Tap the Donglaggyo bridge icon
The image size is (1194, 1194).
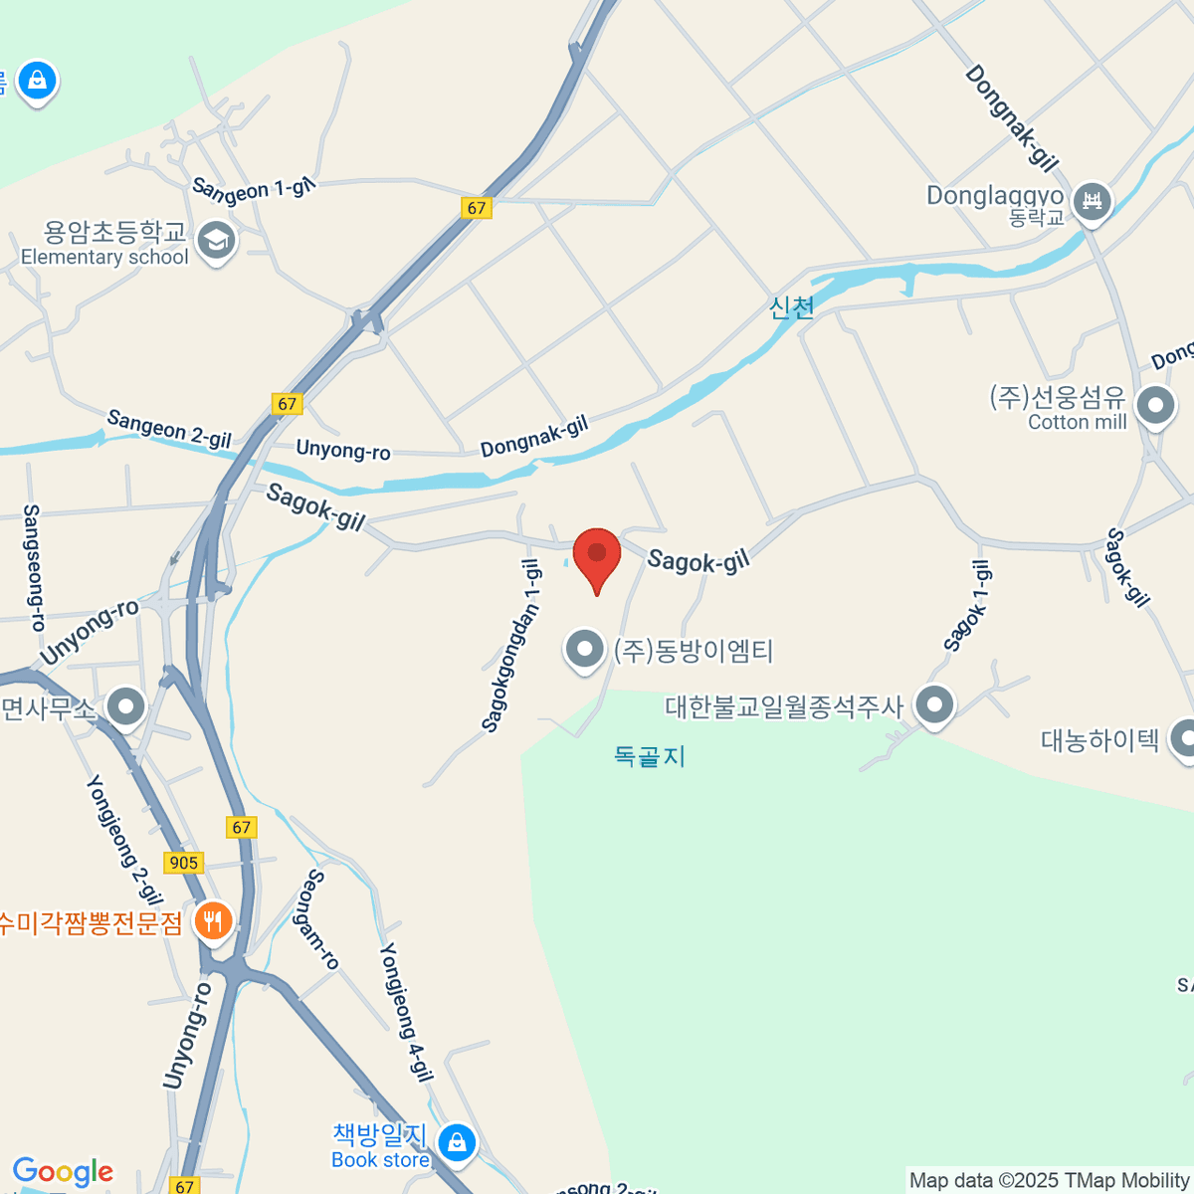click(1092, 201)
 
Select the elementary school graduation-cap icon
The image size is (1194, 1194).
click(216, 240)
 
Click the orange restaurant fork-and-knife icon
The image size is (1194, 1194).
click(212, 921)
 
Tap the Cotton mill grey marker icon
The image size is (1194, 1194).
click(1155, 405)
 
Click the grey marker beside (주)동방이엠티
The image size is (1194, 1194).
click(584, 650)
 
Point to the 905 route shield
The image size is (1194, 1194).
click(184, 863)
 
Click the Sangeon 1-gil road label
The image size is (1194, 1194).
click(253, 189)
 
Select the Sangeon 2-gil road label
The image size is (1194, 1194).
click(169, 428)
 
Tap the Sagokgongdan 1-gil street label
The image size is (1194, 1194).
click(511, 645)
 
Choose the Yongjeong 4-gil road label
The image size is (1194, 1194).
click(406, 1011)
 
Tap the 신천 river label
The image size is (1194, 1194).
click(792, 307)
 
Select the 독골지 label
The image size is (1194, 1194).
click(650, 756)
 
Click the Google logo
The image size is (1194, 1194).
click(63, 1172)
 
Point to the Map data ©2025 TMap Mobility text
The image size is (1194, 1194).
click(1049, 1180)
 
